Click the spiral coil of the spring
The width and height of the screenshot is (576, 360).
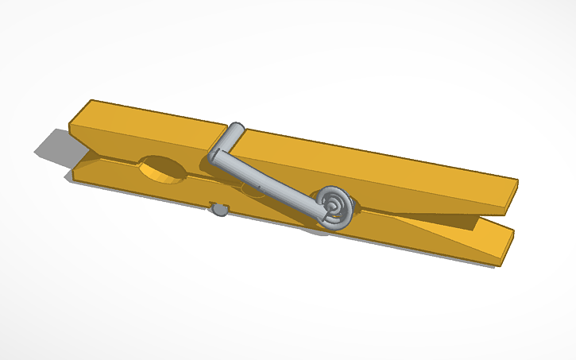[334, 206]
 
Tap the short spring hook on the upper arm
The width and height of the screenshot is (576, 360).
[235, 132]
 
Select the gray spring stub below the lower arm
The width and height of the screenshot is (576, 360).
[217, 209]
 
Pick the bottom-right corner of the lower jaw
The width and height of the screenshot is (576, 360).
[499, 265]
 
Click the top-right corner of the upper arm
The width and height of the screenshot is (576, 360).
[517, 181]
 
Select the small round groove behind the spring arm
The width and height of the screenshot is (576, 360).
[253, 191]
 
